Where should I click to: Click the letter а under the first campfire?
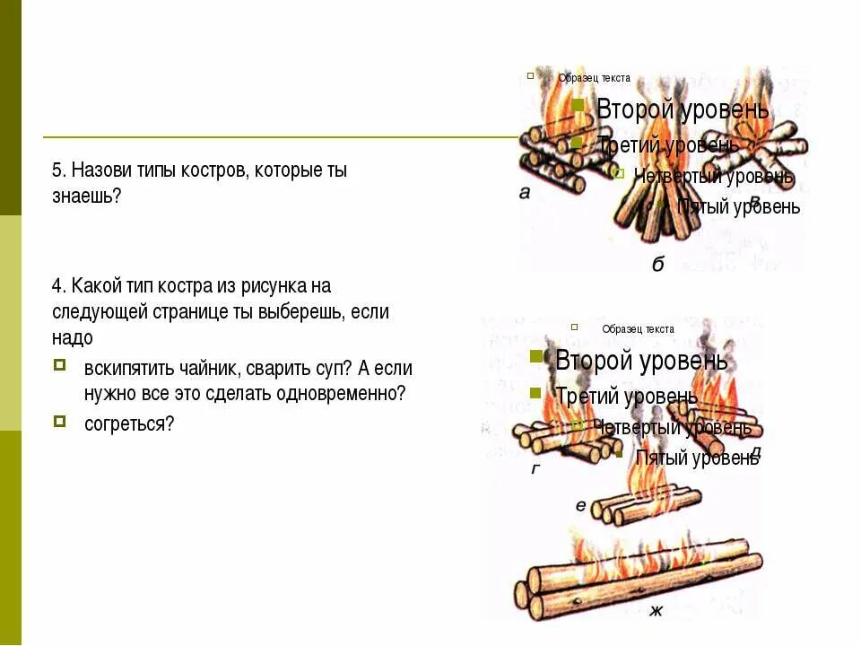tap(525, 191)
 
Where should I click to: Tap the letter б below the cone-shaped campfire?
tap(657, 264)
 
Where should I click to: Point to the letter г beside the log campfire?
tap(535, 467)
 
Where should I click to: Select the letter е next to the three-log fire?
tap(581, 505)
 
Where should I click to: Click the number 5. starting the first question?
tap(58, 170)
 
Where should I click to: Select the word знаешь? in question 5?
tap(85, 196)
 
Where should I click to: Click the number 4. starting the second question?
tap(58, 286)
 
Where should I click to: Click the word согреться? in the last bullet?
tap(128, 423)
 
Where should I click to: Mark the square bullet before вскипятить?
tap(59, 365)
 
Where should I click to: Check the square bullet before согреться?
tap(59, 420)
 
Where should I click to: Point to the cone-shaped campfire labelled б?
tap(658, 202)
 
